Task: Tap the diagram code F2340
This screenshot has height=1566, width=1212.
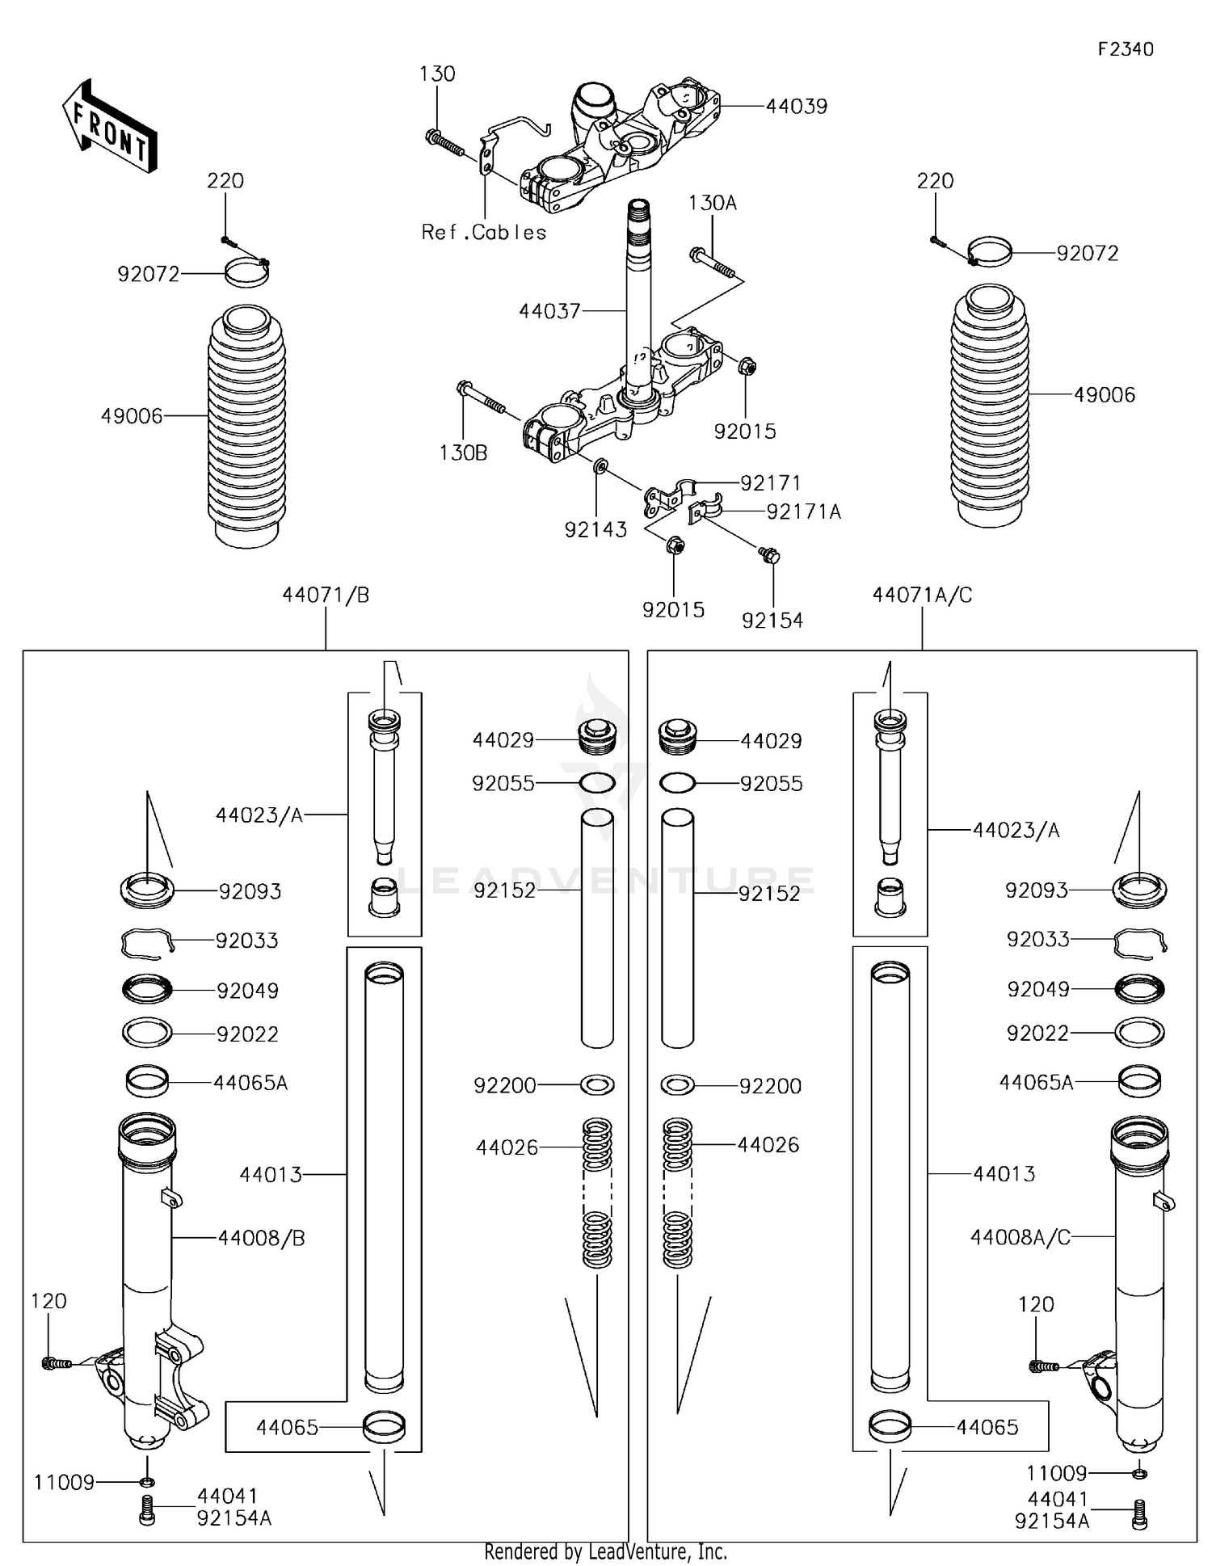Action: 1125,49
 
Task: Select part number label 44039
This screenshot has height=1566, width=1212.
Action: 796,107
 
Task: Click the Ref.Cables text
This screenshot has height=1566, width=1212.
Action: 483,233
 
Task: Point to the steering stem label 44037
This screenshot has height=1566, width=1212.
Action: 549,310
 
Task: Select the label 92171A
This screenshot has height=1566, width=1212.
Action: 803,511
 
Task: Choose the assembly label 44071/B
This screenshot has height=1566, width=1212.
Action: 326,596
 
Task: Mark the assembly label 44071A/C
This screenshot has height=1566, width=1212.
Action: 922,596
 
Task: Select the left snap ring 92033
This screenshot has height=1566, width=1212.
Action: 147,942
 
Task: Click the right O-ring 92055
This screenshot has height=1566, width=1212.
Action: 677,783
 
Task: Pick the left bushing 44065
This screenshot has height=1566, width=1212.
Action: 385,1427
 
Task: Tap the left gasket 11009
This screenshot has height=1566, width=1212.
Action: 147,1482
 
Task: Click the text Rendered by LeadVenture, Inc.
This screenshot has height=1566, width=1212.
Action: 605,1551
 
